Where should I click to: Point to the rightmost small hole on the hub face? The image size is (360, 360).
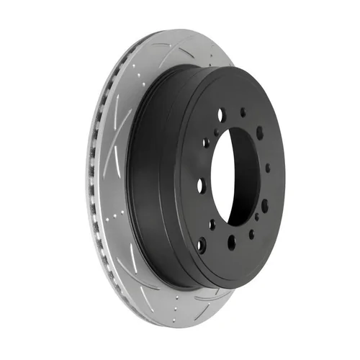pos(268,168)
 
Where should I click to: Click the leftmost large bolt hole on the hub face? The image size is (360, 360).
pos(202,185)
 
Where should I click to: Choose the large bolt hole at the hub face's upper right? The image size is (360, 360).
pos(259,134)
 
